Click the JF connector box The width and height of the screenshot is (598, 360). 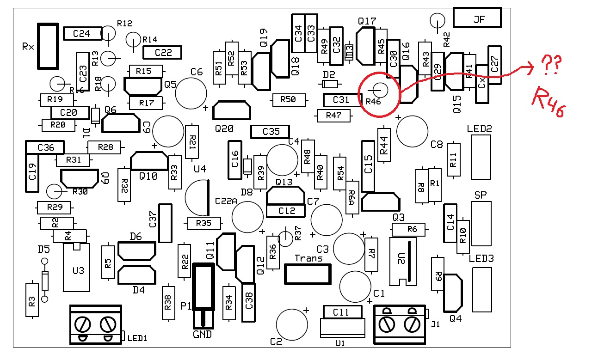coord(477,18)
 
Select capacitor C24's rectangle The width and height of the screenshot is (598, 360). coord(83,34)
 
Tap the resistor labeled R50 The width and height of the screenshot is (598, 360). coord(289,100)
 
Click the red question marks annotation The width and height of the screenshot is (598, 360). coord(551,64)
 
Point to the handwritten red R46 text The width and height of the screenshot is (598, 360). coord(549,102)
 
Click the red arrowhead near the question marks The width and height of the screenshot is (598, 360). coord(530,68)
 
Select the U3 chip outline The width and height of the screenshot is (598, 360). coord(76,268)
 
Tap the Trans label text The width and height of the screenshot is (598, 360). coord(308,258)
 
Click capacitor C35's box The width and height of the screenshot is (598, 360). coord(270,132)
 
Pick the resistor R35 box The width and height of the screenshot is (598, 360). coord(204,223)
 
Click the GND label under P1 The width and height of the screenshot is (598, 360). coord(203,335)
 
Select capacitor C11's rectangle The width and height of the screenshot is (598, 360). coord(343,312)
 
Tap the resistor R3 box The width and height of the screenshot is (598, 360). coord(32,300)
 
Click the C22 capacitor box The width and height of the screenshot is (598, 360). coord(162,53)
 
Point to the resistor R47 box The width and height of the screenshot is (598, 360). coord(333,116)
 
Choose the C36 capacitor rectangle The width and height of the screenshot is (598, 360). coord(45,147)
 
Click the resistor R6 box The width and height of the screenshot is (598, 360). coord(408,229)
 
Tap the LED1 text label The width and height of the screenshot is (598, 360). coord(137,338)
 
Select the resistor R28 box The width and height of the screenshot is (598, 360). coord(104,147)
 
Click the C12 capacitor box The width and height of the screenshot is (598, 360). coord(286,211)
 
